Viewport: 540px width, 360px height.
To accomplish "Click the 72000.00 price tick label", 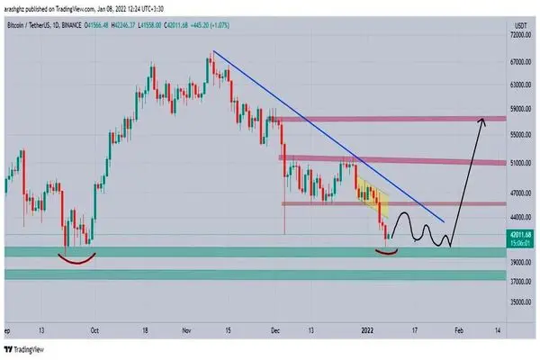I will tap(521, 35).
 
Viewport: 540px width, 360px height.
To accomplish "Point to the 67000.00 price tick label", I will tap(521, 62).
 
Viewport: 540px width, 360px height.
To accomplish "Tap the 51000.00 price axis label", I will tap(521, 164).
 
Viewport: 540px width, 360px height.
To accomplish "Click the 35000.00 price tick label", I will tap(521, 301).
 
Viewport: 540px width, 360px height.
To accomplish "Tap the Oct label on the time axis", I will tap(94, 331).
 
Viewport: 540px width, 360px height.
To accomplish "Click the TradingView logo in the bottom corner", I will tap(27, 348).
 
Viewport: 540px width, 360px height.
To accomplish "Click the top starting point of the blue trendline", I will tap(212, 52).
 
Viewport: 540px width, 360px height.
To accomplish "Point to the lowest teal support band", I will tap(270, 274).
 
